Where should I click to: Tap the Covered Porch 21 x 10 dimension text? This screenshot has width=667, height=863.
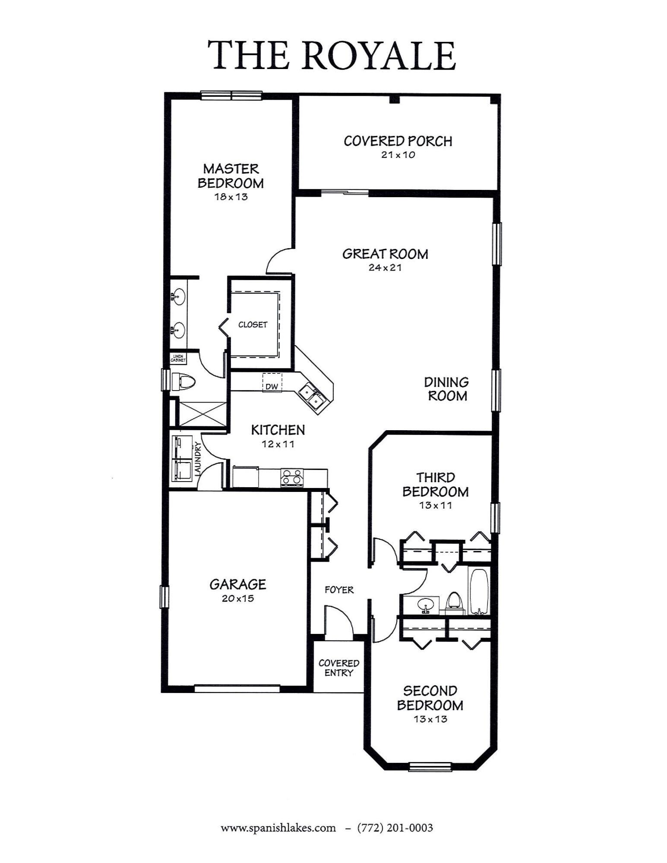pyautogui.click(x=398, y=155)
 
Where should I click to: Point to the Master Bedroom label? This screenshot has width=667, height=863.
pyautogui.click(x=231, y=176)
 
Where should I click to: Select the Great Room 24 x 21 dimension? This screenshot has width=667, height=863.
pyautogui.click(x=385, y=268)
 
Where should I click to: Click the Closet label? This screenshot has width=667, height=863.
pyautogui.click(x=253, y=324)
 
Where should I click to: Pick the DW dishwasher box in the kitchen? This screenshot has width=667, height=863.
pyautogui.click(x=272, y=383)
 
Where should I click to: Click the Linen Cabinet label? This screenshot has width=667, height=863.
pyautogui.click(x=178, y=358)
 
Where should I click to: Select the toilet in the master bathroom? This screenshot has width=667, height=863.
pyautogui.click(x=183, y=381)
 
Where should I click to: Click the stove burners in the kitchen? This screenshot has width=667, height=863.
pyautogui.click(x=292, y=478)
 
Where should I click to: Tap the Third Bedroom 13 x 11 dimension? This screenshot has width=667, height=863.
pyautogui.click(x=435, y=506)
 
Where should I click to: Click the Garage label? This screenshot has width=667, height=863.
pyautogui.click(x=238, y=584)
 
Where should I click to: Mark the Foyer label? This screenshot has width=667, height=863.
pyautogui.click(x=339, y=589)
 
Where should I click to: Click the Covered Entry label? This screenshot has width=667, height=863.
pyautogui.click(x=339, y=668)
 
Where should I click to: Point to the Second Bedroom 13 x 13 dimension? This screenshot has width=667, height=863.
pyautogui.click(x=430, y=719)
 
